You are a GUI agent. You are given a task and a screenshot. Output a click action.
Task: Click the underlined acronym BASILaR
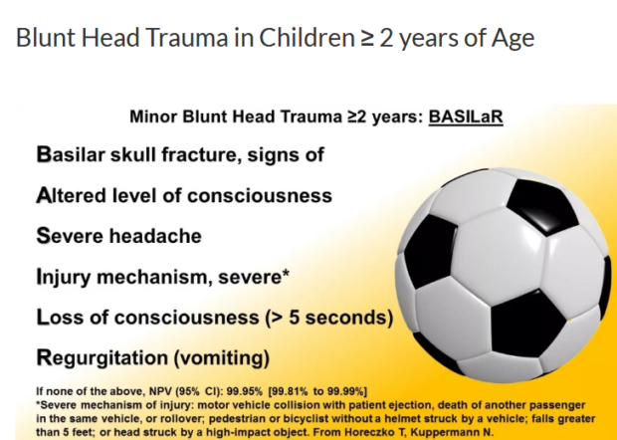coord(466,116)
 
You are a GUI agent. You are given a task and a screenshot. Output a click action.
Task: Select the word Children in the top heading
coord(307,38)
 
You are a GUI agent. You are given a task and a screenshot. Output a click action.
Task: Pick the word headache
coord(155,236)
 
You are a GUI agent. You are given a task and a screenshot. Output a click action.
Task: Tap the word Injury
coord(64,277)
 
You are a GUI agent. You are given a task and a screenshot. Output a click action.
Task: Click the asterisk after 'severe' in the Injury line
coord(286,273)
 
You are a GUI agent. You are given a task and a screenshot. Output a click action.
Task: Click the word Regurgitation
coord(103,358)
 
